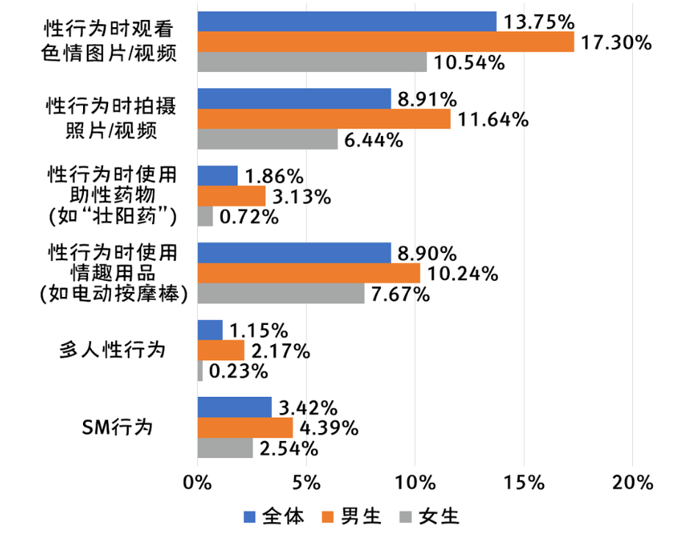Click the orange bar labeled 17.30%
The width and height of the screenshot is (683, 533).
(x=386, y=43)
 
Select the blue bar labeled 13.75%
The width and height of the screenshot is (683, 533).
(x=347, y=22)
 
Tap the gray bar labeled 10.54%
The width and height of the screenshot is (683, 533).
(x=312, y=62)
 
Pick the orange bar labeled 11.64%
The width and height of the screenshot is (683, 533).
(x=324, y=119)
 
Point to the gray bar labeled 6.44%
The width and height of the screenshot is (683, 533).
(x=268, y=139)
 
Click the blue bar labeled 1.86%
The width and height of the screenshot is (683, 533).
(x=218, y=176)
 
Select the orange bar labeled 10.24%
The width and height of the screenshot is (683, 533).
(x=309, y=273)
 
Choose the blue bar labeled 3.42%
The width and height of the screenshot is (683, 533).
(x=235, y=407)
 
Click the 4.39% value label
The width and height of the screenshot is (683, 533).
(x=328, y=427)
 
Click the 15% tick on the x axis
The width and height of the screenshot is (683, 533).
(x=524, y=483)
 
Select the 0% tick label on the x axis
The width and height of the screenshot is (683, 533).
(x=198, y=483)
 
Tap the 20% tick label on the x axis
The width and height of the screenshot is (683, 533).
(x=632, y=483)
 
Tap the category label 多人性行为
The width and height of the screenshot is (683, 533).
(x=112, y=350)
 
